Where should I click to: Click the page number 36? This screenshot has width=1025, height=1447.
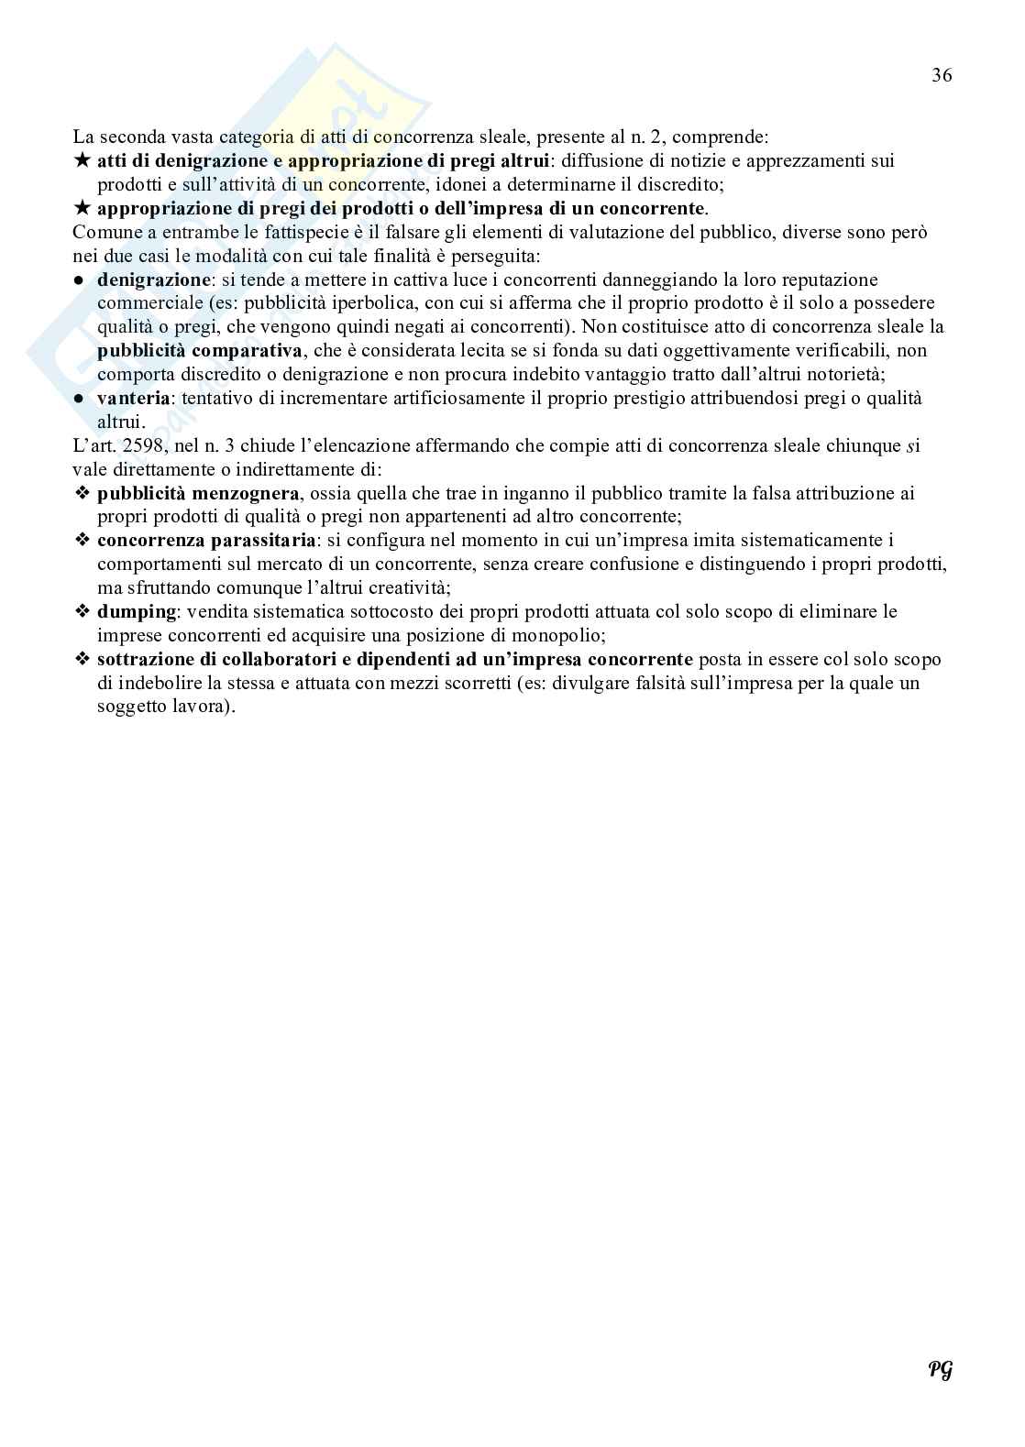point(942,76)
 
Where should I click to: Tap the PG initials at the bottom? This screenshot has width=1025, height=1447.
point(940,1369)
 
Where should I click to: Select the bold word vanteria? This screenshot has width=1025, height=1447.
point(134,399)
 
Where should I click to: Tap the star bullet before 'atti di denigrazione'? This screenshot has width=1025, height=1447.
point(82,161)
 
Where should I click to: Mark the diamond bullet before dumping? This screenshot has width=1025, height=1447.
point(82,612)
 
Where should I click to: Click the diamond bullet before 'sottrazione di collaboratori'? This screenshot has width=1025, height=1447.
point(82,660)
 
